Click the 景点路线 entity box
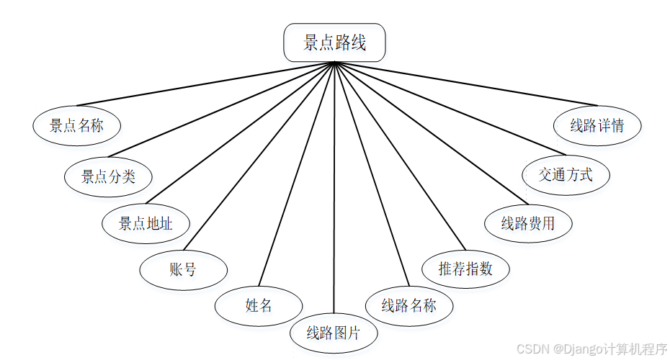[334, 43]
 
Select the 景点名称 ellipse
[76, 126]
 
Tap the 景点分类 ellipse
[108, 176]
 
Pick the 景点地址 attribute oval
[146, 223]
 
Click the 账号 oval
[183, 270]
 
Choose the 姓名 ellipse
[258, 305]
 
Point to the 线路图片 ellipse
[333, 333]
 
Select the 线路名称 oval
[409, 305]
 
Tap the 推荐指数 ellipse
[465, 269]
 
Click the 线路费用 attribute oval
[528, 223]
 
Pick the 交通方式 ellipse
[566, 174]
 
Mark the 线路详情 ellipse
[597, 126]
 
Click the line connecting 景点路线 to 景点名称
[205, 84]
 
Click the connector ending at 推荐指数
[398, 155]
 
